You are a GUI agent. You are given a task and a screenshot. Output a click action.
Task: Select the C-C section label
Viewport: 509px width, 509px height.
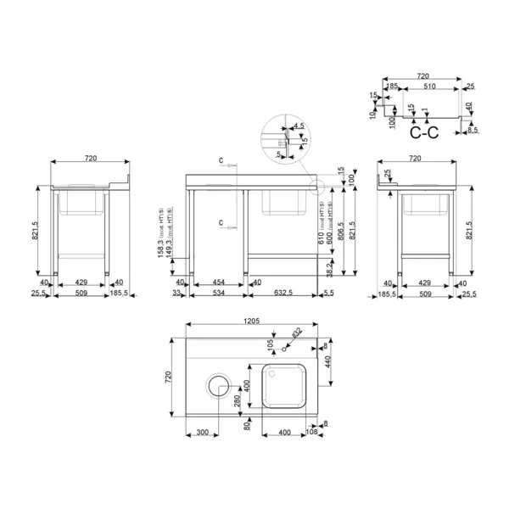point(423,132)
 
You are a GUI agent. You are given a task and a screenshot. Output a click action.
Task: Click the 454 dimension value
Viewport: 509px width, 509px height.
point(218,282)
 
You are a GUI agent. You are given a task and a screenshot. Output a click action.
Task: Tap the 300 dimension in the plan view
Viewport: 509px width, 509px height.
point(202,433)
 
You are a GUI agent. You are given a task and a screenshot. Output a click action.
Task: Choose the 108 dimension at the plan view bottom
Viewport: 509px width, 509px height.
point(311,433)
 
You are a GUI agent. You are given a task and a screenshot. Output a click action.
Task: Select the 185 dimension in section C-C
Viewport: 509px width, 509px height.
point(391,86)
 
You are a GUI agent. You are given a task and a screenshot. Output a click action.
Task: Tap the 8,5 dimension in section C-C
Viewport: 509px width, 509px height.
point(472,130)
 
